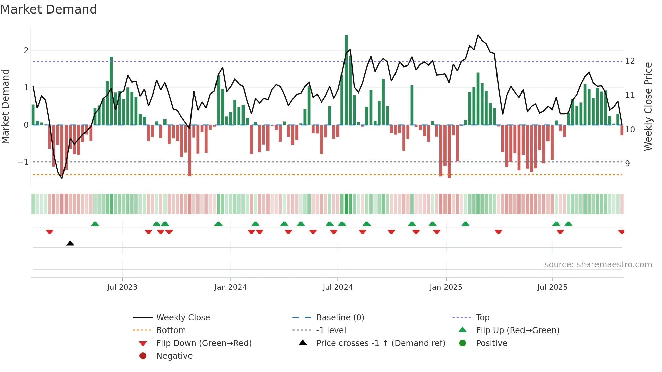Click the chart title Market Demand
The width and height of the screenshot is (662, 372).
point(49,9)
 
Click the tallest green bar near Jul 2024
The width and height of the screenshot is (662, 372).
point(346,80)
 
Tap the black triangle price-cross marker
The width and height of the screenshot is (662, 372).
point(70,243)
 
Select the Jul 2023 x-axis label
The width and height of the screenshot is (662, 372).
point(122,287)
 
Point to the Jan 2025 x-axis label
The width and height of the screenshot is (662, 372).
point(446,287)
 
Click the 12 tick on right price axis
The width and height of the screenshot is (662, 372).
point(630,61)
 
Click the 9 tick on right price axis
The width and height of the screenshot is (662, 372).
point(627,163)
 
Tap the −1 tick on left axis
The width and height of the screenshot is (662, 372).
point(23,162)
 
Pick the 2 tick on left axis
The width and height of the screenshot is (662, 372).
point(26,51)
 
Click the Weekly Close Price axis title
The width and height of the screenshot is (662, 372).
point(648,106)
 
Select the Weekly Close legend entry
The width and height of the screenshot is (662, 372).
point(183,317)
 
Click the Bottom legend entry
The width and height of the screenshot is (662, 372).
point(171,330)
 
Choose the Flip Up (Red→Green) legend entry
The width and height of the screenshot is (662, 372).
point(517,330)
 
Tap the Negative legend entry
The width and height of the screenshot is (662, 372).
point(174,356)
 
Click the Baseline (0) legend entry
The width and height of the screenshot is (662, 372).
point(340,317)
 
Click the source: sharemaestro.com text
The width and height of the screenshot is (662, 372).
point(598,264)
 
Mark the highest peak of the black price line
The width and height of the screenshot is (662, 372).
point(478,35)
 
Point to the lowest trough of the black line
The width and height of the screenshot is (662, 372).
point(62,178)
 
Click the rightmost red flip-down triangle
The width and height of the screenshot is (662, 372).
point(621,232)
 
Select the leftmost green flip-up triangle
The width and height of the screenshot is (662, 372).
point(95,224)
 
